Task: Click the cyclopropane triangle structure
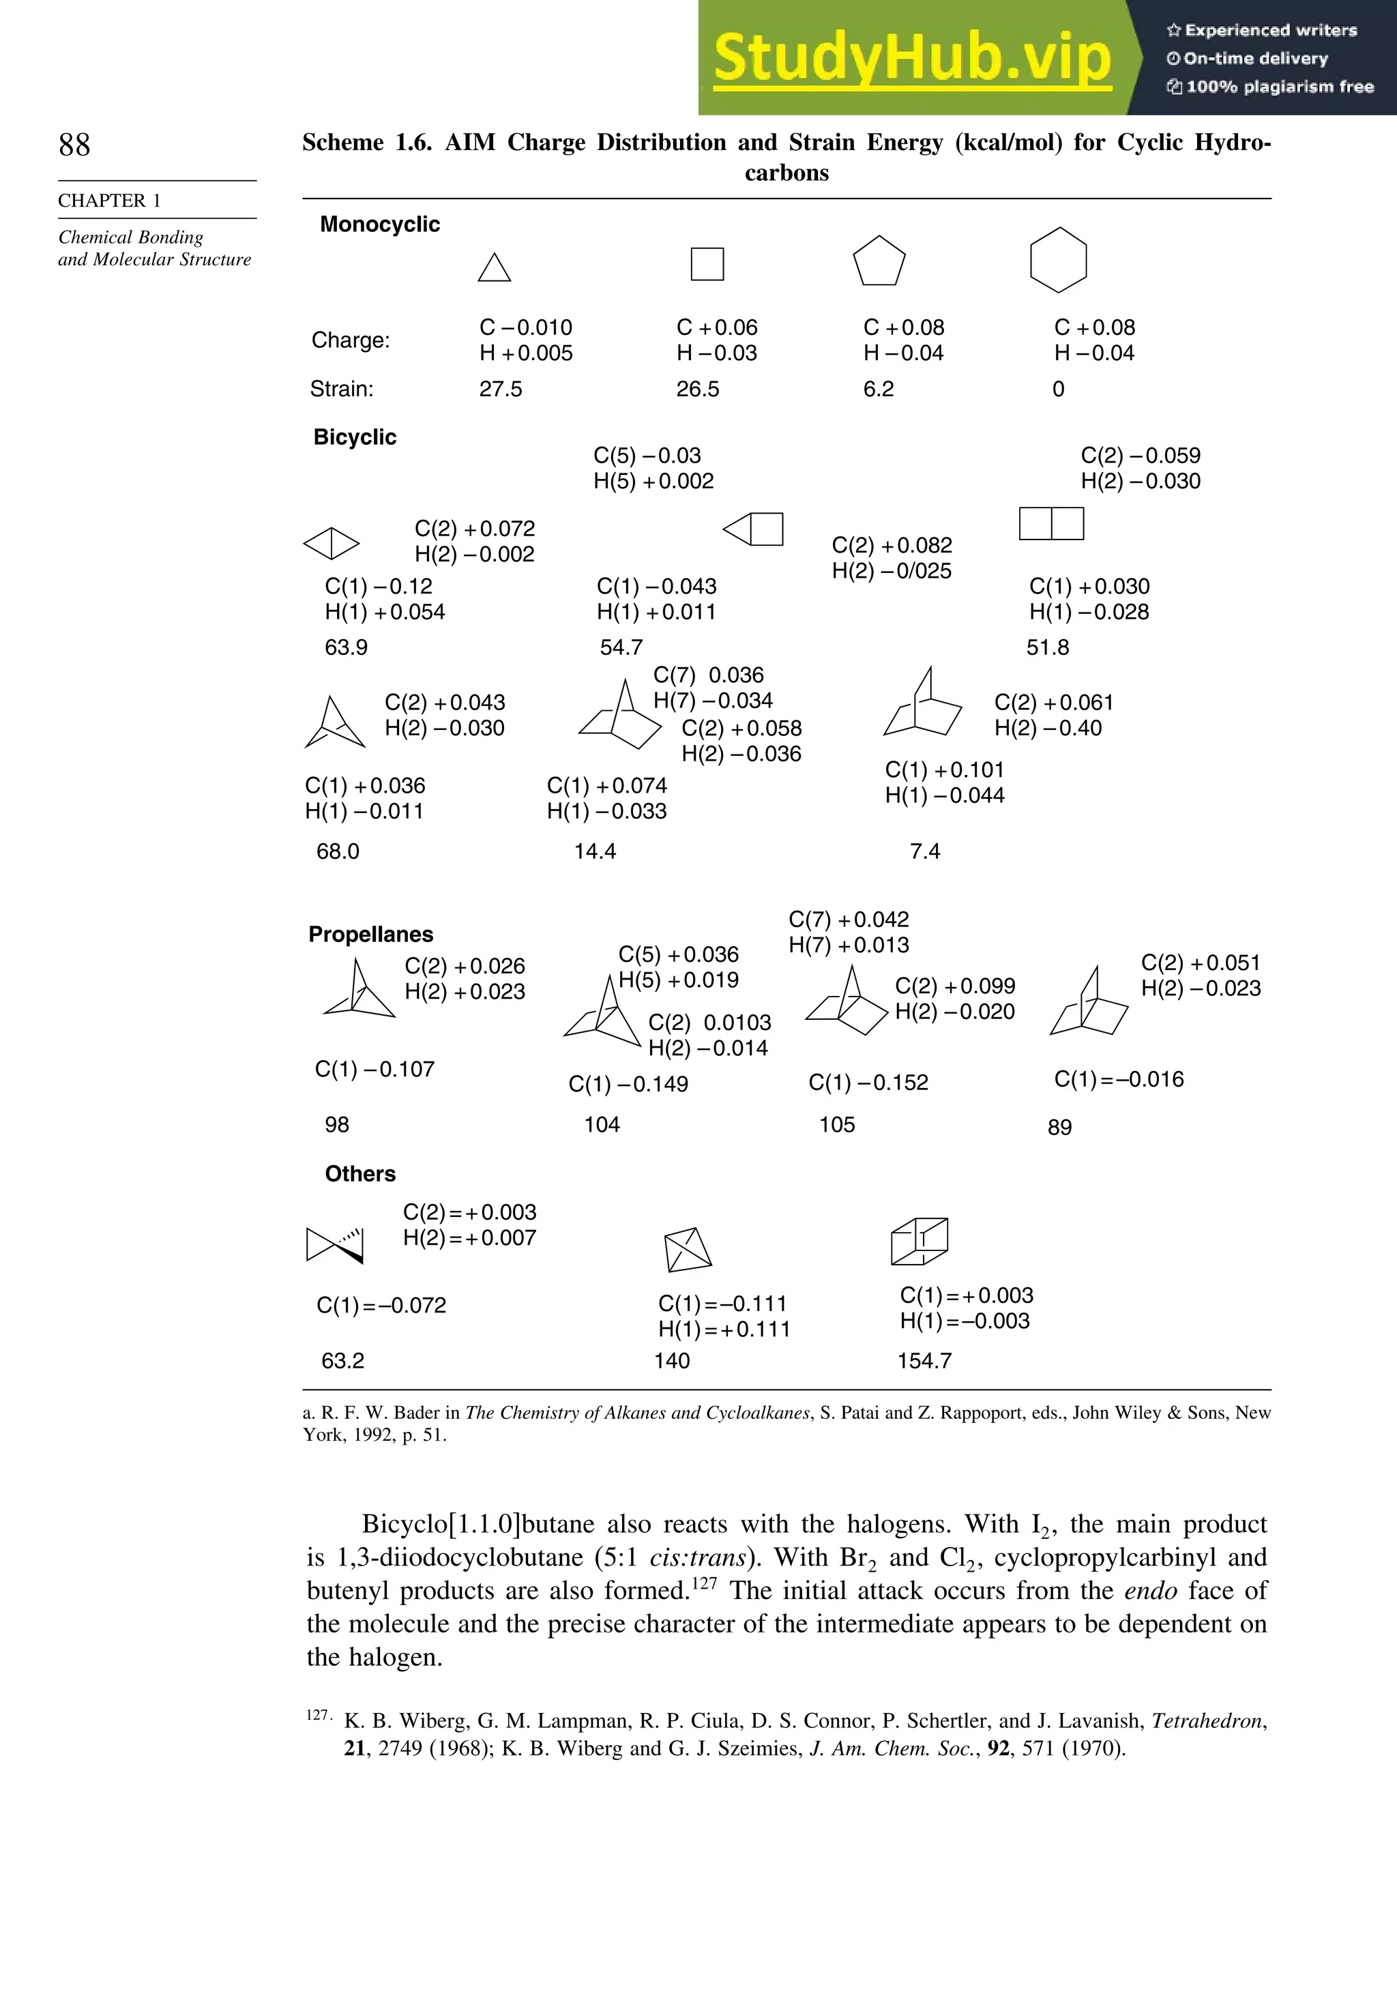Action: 494,269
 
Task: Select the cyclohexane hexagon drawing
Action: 1058,260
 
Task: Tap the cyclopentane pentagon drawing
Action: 879,262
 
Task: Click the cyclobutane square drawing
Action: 707,263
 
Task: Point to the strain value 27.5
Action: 501,390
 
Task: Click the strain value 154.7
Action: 924,1360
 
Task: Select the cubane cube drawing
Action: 919,1242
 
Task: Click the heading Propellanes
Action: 370,935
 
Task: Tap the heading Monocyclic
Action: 380,224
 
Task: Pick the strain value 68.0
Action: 337,851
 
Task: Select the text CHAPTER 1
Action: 110,201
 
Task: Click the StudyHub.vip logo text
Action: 912,57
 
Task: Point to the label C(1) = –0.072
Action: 381,1306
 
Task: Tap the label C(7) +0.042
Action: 849,920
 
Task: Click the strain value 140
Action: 671,1360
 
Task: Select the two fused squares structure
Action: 1051,524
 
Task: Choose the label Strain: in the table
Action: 342,390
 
